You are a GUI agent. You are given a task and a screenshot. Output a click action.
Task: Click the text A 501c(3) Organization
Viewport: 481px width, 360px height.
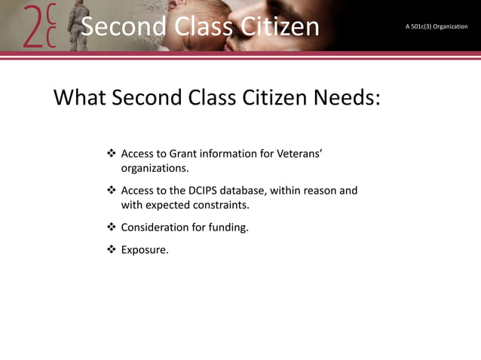[436, 27]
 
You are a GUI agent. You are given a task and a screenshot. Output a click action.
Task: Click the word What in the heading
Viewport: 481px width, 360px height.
[81, 99]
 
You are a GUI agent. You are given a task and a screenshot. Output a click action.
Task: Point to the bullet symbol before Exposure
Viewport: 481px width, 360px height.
[112, 249]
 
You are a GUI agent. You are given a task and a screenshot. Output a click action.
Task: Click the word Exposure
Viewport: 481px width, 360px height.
[145, 249]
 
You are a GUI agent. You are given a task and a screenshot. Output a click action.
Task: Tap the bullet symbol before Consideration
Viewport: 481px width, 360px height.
[112, 226]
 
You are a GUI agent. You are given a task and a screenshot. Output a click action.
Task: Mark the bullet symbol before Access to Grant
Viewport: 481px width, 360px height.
[112, 154]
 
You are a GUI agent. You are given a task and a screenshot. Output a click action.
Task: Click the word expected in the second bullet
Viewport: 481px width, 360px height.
[169, 205]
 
